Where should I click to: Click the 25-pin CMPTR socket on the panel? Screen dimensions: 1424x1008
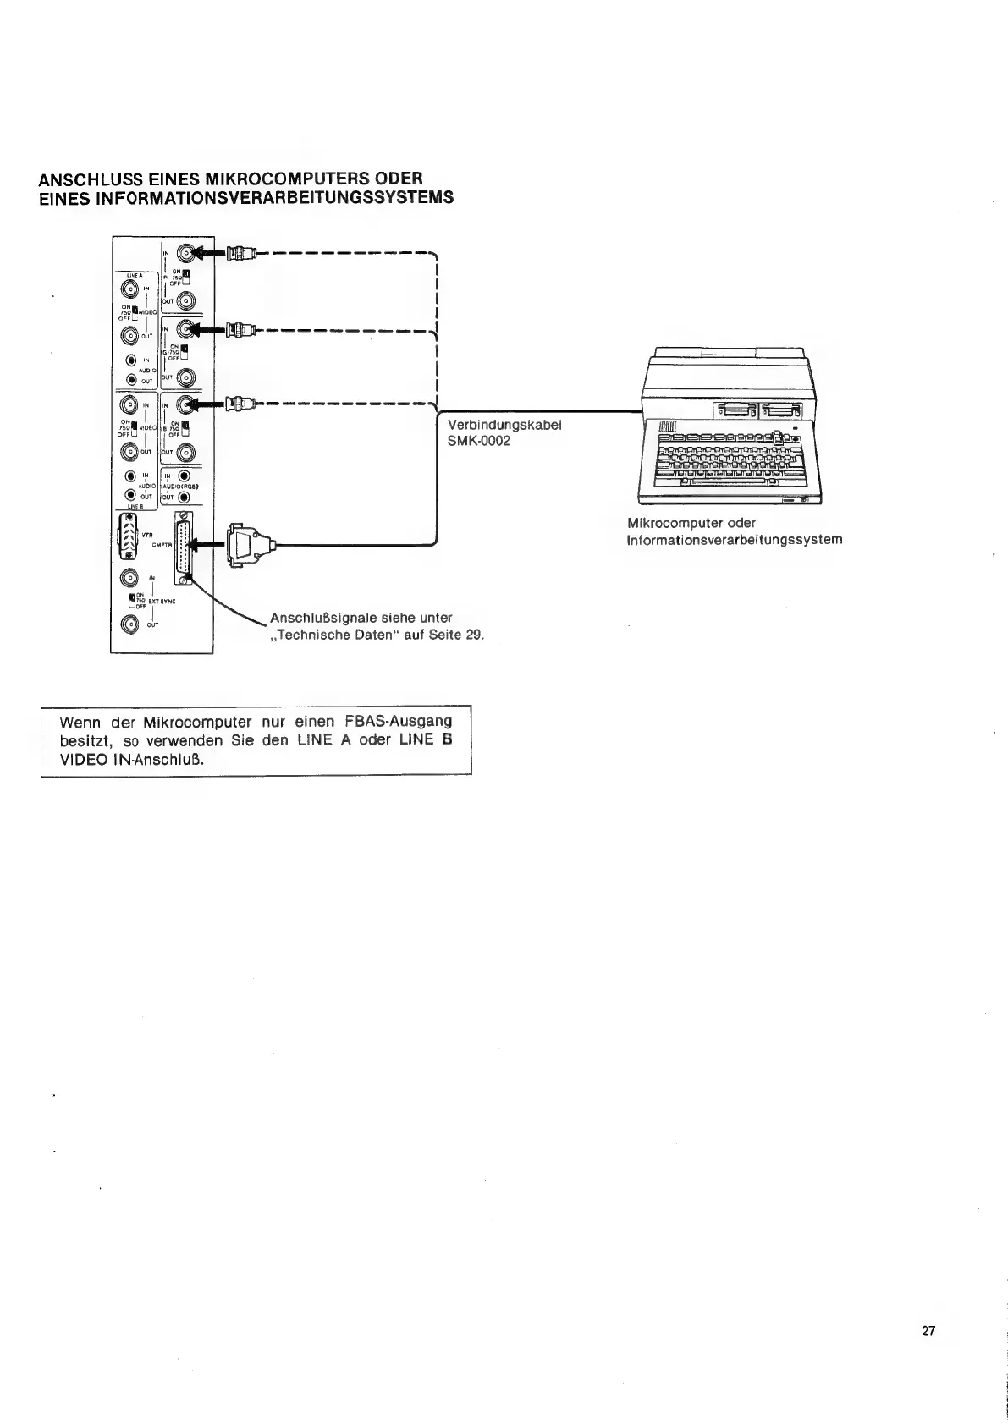click(184, 548)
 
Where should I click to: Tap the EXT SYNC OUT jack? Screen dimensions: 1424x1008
click(129, 624)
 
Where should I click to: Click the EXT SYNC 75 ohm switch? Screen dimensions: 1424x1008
click(132, 600)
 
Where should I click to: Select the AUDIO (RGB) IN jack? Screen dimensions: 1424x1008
click(184, 475)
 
